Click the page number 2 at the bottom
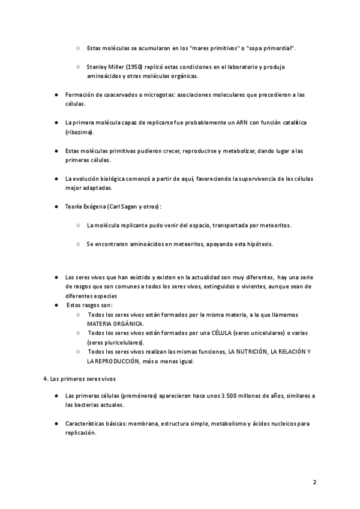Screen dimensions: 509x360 click(x=314, y=482)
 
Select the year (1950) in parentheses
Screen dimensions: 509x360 click(x=134, y=67)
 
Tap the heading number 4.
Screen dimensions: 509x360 click(x=46, y=379)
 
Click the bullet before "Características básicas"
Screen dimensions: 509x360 click(x=56, y=424)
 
